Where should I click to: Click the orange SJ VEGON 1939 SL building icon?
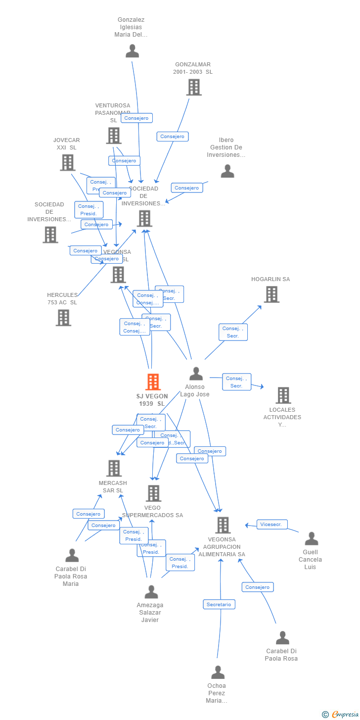153,382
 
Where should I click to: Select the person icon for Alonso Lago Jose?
196,374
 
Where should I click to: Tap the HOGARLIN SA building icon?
271,294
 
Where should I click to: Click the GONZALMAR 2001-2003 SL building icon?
194,87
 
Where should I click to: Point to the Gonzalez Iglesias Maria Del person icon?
132,50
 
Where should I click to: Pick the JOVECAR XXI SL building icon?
67,162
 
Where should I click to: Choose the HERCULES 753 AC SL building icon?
63,318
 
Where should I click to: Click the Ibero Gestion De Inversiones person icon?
227,171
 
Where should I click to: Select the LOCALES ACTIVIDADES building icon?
283,395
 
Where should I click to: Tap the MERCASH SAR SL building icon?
114,468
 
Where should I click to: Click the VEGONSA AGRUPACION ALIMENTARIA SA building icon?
223,525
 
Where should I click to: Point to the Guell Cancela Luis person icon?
312,538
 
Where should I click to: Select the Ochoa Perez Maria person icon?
218,672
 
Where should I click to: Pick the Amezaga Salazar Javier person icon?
151,592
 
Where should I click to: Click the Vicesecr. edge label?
272,525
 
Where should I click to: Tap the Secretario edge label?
219,604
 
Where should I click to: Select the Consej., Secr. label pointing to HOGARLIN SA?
233,332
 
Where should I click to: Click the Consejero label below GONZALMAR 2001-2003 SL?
173,137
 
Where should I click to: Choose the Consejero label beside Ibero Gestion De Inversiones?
186,188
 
